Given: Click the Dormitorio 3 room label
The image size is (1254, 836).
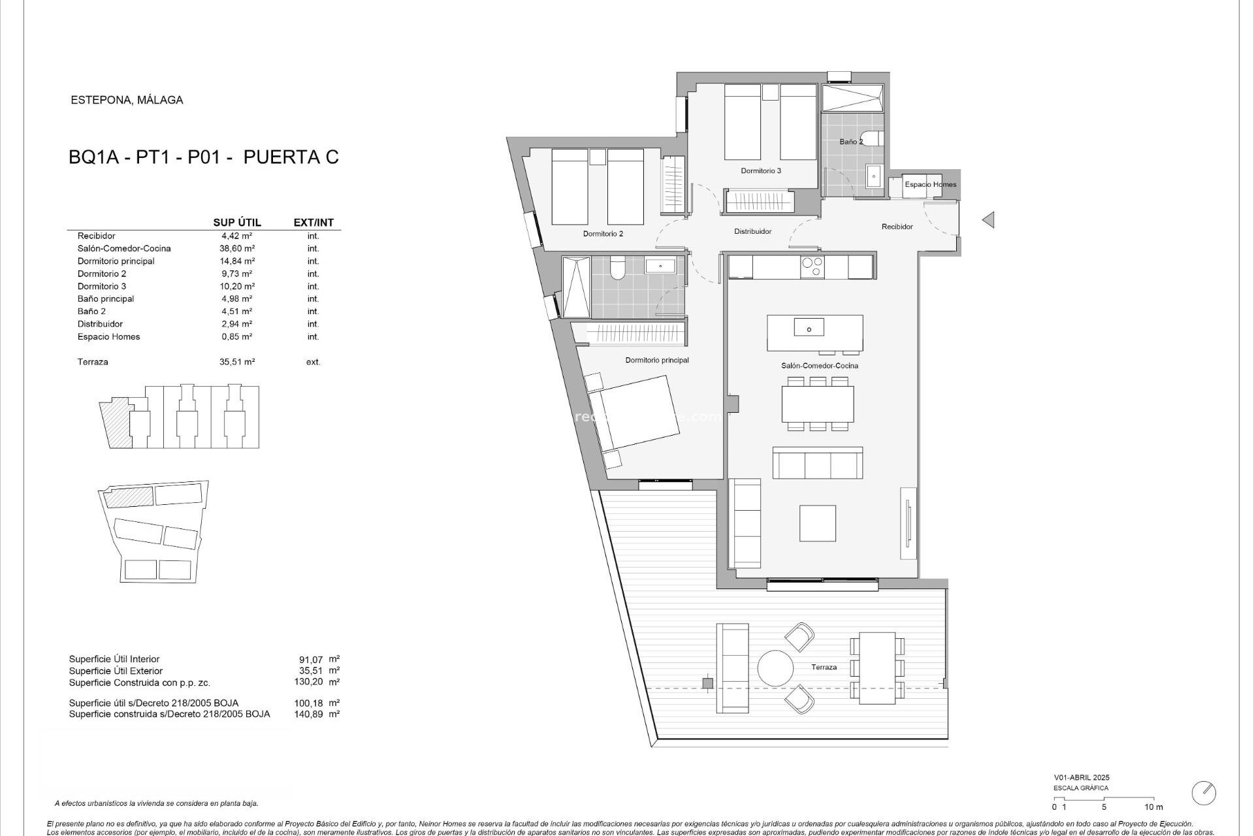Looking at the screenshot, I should [x=761, y=171].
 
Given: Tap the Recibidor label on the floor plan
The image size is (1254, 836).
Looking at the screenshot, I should [x=897, y=227].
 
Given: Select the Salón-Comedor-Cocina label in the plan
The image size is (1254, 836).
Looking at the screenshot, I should [x=820, y=366].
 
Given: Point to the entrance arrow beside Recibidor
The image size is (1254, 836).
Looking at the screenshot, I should [x=988, y=220].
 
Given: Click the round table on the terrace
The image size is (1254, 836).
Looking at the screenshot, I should [x=775, y=667].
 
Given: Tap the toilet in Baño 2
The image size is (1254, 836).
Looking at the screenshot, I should [x=878, y=139].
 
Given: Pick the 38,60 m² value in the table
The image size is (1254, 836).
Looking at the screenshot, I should [x=236, y=249].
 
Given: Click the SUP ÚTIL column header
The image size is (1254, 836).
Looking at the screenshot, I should [x=237, y=223].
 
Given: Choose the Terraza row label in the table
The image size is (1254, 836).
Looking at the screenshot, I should [x=93, y=362].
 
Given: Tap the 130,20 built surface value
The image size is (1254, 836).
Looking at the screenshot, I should [x=308, y=682].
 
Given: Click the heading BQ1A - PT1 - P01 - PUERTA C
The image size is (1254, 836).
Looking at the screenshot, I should [x=204, y=157].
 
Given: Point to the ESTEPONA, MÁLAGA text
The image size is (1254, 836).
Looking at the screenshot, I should [x=127, y=100].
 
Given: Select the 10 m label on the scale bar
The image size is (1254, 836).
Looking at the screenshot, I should [x=1153, y=807].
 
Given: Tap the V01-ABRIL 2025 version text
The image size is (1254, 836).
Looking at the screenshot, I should [x=1081, y=778].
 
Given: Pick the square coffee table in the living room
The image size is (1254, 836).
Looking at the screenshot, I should [x=818, y=523].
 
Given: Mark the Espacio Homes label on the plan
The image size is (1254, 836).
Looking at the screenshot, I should [x=930, y=185].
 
